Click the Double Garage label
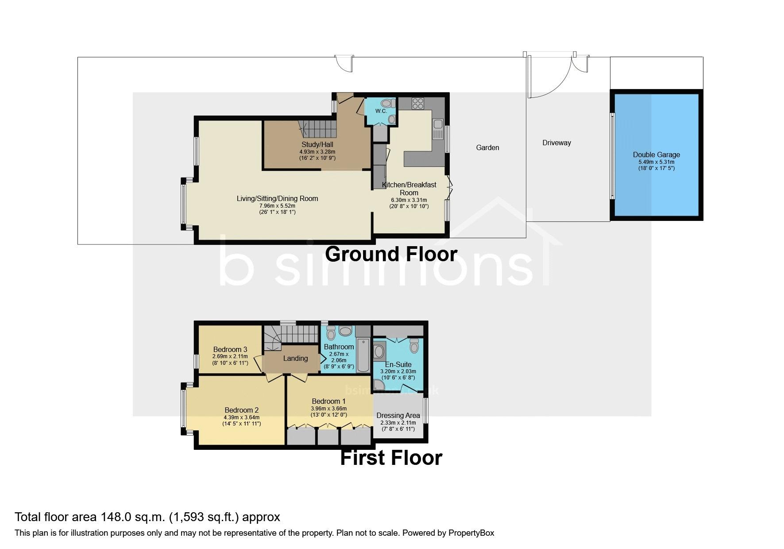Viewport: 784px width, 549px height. click(x=656, y=155)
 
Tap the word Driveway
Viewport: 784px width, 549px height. click(x=556, y=143)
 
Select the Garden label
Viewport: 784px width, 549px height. click(x=487, y=147)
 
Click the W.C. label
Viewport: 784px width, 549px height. click(x=381, y=111)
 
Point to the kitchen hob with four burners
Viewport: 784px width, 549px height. click(x=418, y=103)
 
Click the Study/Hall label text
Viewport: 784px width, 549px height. click(x=317, y=144)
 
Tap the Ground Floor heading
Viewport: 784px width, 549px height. click(x=391, y=254)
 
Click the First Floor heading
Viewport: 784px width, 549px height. click(x=391, y=458)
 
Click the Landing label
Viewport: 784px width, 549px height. click(x=295, y=358)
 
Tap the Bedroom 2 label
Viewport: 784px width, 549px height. click(x=241, y=410)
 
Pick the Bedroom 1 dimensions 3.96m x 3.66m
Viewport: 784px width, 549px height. click(x=328, y=409)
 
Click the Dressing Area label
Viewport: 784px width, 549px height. click(x=398, y=415)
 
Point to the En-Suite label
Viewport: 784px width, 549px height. click(x=398, y=364)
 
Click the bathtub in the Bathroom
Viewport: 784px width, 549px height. click(x=363, y=355)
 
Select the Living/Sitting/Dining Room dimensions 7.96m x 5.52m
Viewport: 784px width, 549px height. click(x=277, y=206)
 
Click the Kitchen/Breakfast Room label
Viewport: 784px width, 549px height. click(x=409, y=189)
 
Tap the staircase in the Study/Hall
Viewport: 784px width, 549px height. click(x=317, y=129)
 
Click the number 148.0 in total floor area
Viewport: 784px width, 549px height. click(x=116, y=517)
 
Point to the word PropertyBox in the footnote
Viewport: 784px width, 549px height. click(x=471, y=533)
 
